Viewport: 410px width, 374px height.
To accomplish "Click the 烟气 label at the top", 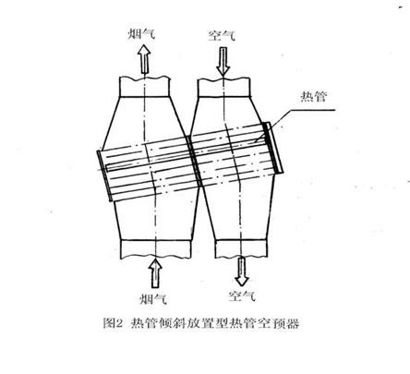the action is tap(141, 33).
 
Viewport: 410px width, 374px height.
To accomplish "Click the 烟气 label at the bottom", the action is tap(153, 298).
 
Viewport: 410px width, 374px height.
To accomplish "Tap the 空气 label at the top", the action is tap(222, 35).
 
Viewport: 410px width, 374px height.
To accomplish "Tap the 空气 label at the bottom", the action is tap(242, 296).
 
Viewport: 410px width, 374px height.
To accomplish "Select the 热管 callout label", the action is tap(313, 97).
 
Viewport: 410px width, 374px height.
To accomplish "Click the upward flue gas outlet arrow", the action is tap(144, 58).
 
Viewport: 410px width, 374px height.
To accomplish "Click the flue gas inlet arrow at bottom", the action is tap(155, 273).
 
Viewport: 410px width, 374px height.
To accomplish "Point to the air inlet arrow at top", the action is tap(223, 61).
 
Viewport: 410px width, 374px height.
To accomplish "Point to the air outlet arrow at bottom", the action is tap(242, 271).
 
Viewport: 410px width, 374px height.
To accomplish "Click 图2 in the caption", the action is tap(113, 323).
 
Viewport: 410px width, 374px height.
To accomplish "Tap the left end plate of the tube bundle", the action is tap(104, 175).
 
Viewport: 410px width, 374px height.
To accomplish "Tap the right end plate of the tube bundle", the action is tap(273, 148).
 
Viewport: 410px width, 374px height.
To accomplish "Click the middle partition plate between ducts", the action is tap(195, 161).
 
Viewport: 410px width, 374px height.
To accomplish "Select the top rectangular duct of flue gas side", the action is tap(144, 87).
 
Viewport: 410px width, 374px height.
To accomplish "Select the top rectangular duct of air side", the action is tap(223, 88).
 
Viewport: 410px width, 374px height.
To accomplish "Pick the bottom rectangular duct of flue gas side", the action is tap(156, 249).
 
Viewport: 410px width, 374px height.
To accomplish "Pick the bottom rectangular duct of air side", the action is tap(241, 248).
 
